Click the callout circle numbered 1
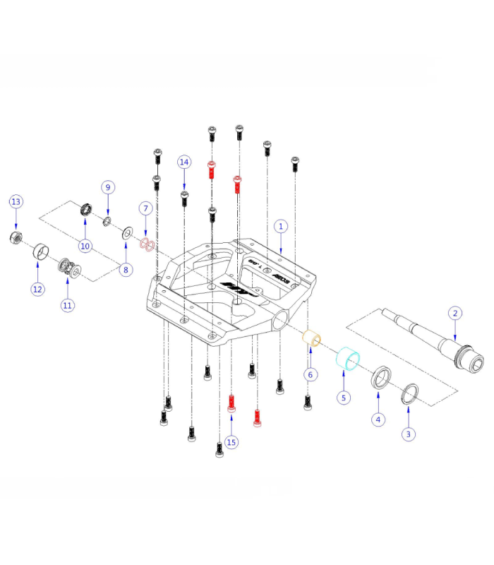[281, 227]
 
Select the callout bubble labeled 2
[456, 313]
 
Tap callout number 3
[409, 434]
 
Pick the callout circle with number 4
[379, 419]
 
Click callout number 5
[344, 398]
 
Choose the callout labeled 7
[145, 208]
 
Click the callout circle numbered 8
[126, 268]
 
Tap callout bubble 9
[108, 187]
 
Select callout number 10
[85, 246]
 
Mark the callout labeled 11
[68, 305]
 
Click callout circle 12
[37, 288]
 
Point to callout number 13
[16, 202]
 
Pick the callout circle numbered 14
[184, 162]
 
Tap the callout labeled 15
[231, 442]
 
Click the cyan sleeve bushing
[347, 358]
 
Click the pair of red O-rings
[147, 244]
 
